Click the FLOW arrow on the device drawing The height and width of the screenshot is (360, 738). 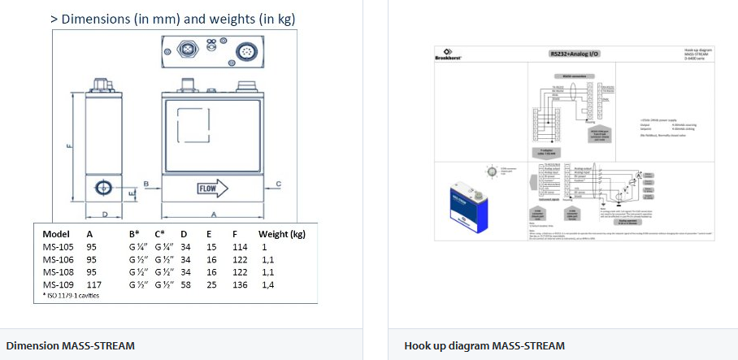tap(213, 189)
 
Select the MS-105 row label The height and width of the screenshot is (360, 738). tap(58, 246)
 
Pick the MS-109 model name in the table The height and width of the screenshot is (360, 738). tap(58, 284)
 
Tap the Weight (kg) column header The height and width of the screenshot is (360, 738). tap(281, 234)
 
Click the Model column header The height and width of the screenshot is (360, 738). tap(56, 234)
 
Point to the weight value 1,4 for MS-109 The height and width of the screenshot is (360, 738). tap(267, 284)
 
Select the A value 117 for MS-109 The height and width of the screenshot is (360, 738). tap(94, 284)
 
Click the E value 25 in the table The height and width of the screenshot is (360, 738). tap(211, 284)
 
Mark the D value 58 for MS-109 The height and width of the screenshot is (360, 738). tap(185, 284)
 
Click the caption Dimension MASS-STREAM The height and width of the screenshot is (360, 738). tap(70, 345)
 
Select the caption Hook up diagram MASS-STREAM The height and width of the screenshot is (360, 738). tap(484, 345)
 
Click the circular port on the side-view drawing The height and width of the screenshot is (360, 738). tap(103, 189)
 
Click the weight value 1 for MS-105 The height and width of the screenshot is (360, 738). tap(264, 246)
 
